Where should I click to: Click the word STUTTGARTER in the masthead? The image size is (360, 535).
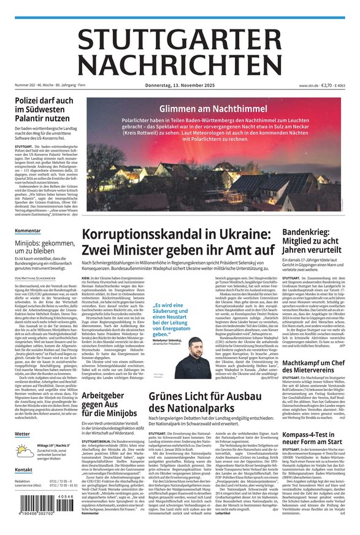point(180,40)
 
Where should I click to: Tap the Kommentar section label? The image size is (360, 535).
point(28,231)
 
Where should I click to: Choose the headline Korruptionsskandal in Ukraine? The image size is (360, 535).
point(177,244)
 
